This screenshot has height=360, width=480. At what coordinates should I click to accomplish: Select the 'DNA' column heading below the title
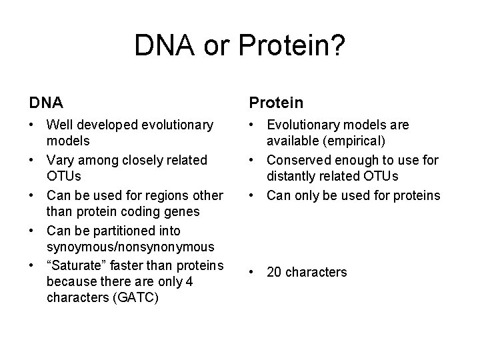46,103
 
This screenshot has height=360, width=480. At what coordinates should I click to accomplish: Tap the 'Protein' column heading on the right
276,103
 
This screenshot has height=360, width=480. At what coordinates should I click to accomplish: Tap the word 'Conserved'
297,160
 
